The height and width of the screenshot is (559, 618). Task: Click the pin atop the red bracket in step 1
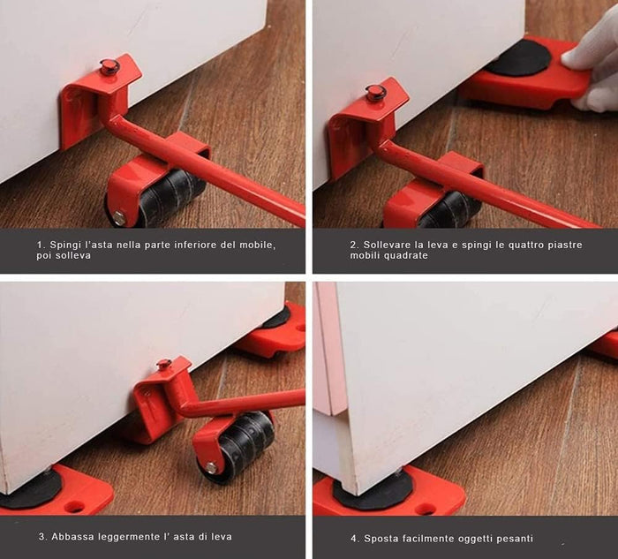tap(107, 66)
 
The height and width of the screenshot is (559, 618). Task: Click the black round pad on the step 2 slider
tap(519, 59)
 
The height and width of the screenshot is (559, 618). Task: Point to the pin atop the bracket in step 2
tap(373, 92)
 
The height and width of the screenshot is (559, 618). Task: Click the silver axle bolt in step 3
tap(212, 468)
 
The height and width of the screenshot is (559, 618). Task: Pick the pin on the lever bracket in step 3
tap(163, 365)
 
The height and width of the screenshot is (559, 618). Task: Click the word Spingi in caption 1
tap(62, 245)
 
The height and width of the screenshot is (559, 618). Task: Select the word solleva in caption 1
tap(77, 255)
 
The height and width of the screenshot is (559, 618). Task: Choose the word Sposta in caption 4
tap(378, 539)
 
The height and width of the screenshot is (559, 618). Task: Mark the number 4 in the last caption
tap(354, 539)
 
